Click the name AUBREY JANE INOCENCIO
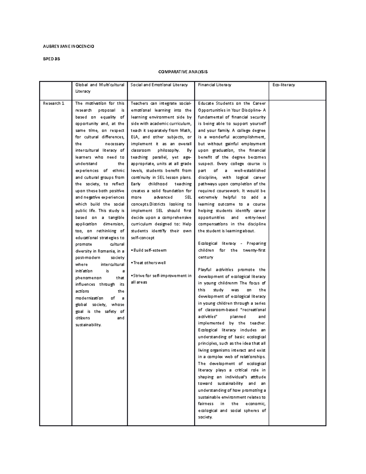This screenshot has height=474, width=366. coord(68,46)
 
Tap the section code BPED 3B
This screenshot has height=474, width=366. coord(51,59)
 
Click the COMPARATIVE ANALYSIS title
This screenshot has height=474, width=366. coord(183,72)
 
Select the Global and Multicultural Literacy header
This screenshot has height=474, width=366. coord(100,88)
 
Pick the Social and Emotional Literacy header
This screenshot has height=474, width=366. coord(159,85)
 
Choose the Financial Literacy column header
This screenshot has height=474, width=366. coord(214,85)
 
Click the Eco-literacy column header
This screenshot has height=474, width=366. coord(284,85)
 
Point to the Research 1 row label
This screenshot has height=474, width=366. coord(54,103)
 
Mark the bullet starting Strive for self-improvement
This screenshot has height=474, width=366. coord(161,276)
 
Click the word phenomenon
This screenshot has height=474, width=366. coord(88,278)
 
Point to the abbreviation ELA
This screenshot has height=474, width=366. coord(135,137)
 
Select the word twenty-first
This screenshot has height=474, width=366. coord(254,250)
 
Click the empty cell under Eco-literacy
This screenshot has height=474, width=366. coord(297,262)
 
